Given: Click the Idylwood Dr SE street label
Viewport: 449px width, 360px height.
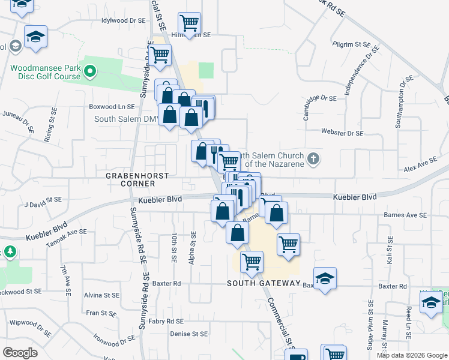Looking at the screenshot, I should (124, 20).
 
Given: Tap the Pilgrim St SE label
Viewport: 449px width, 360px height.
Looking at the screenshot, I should (352, 44).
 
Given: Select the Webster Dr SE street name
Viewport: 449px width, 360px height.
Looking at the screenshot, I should (342, 133).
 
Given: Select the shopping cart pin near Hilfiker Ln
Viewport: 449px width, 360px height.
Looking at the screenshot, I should (190, 23).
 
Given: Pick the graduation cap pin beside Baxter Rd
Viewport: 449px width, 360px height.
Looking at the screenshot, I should (325, 278).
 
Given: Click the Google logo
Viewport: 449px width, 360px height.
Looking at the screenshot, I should (20, 353).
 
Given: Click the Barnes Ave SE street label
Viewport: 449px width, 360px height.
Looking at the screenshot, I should (406, 215).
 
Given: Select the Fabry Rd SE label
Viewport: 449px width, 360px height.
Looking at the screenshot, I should (166, 322).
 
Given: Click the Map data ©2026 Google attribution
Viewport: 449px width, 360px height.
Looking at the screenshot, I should (412, 355).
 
